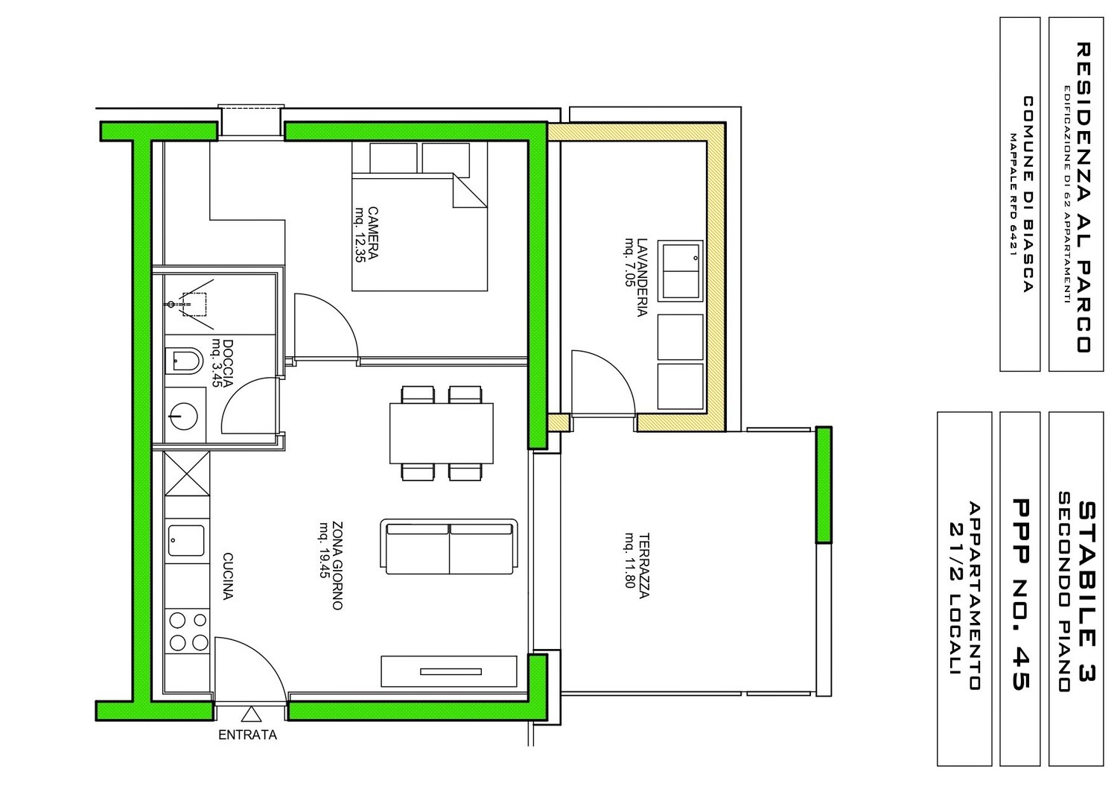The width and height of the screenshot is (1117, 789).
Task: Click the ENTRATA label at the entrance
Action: click(x=247, y=735)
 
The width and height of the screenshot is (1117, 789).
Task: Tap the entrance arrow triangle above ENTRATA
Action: click(x=252, y=714)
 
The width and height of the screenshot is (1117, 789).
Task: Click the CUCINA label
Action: click(x=228, y=575)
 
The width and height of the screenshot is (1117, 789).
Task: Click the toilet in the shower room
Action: click(x=183, y=363)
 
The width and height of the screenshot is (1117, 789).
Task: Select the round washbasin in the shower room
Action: click(x=183, y=414)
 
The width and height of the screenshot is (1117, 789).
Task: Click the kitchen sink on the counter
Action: click(x=186, y=540)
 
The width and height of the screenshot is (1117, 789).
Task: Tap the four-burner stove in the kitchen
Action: click(x=188, y=630)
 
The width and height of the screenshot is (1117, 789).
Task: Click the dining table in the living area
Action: click(x=442, y=433)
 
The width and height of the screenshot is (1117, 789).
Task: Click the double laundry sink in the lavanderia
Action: click(x=680, y=270)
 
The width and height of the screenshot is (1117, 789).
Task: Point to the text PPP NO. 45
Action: click(x=1019, y=594)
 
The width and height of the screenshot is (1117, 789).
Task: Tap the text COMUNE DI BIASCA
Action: click(x=1028, y=194)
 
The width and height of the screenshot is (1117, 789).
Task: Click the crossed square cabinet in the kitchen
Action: click(x=186, y=474)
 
